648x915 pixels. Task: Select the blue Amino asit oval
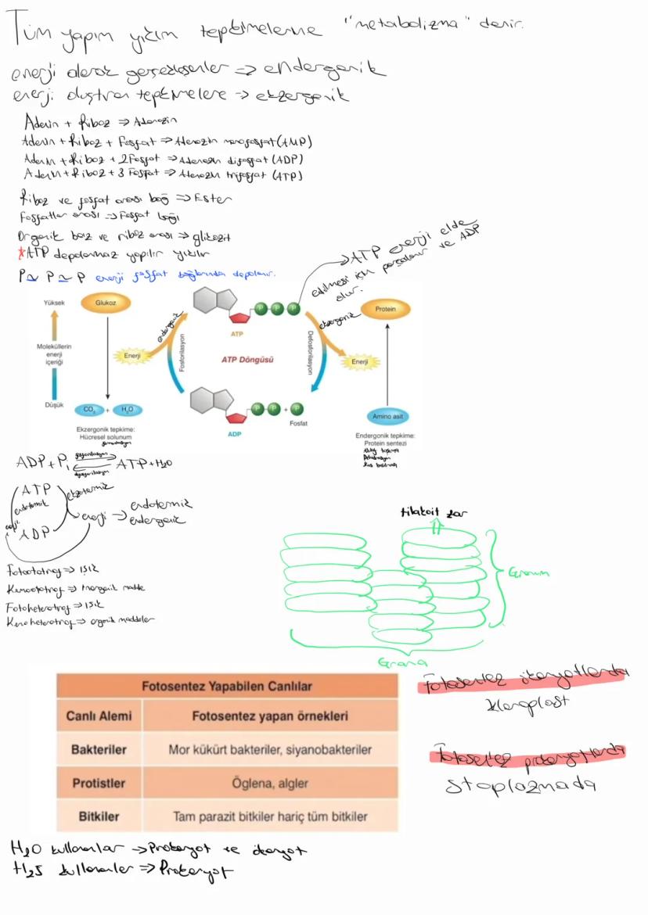click(388, 418)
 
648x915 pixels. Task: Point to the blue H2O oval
click(126, 410)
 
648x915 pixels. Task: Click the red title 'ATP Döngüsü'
click(247, 359)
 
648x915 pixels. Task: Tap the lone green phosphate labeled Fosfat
click(297, 408)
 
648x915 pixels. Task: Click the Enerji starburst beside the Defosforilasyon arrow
click(361, 361)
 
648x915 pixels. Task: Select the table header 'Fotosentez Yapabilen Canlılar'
click(227, 686)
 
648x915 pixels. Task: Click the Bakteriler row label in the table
click(99, 749)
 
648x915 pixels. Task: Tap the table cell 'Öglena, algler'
click(270, 783)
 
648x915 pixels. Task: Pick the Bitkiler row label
click(99, 816)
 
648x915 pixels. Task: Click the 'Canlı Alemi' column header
click(99, 716)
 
